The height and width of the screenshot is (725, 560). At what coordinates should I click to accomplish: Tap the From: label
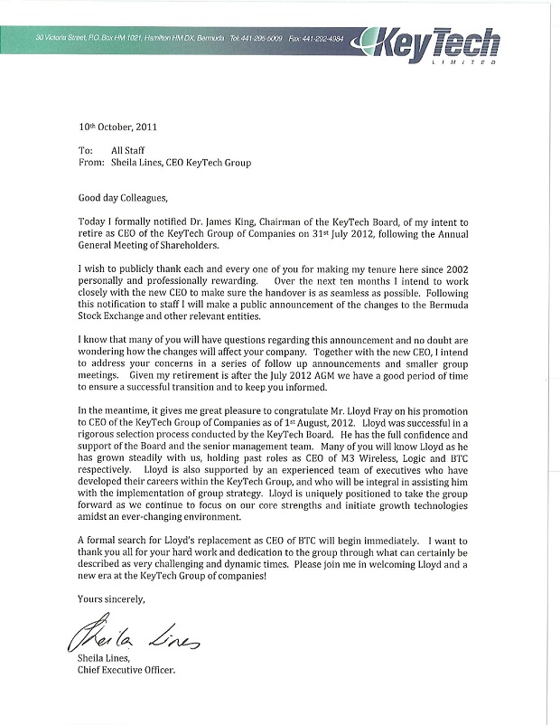92,163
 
